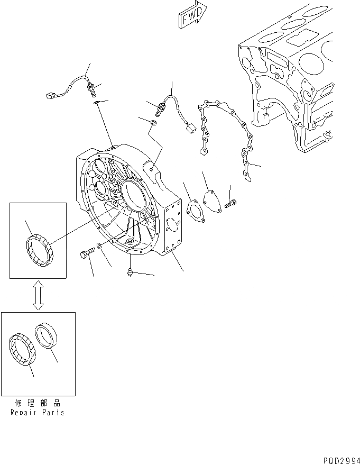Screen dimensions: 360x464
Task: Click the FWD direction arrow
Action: pyautogui.click(x=191, y=16)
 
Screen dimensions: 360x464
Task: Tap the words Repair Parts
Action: pyautogui.click(x=38, y=412)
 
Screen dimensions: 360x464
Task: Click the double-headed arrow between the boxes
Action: pyautogui.click(x=38, y=295)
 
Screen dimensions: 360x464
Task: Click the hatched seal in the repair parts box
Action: pyautogui.click(x=22, y=349)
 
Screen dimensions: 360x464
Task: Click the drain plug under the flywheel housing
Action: pyautogui.click(x=130, y=271)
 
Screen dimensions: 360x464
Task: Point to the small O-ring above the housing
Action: pyautogui.click(x=152, y=123)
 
